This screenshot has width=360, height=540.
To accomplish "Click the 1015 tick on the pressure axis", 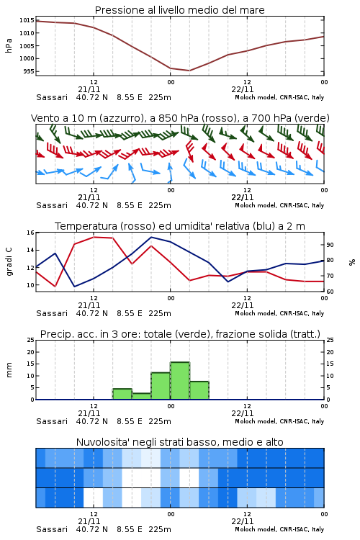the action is click(26, 20).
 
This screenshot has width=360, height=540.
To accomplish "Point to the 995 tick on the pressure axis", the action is click(29, 71).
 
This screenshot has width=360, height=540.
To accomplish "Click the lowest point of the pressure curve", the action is click(189, 71).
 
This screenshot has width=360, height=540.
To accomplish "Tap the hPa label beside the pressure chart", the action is click(9, 45).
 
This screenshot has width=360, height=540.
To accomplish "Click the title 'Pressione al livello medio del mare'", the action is click(180, 10).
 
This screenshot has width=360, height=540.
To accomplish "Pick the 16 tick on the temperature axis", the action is click(30, 233).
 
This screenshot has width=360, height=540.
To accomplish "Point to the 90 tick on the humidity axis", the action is click(330, 245).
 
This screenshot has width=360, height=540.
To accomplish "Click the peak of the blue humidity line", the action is click(151, 237).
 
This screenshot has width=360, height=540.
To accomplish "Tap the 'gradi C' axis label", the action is click(9, 261).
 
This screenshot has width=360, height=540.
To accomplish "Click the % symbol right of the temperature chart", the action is click(352, 262).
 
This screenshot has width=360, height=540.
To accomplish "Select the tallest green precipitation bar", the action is click(180, 381).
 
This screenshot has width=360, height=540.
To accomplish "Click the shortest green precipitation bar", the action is click(142, 397).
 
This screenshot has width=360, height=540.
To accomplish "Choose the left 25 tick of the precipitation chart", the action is click(30, 340).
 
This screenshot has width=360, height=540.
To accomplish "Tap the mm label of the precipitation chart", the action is click(9, 370).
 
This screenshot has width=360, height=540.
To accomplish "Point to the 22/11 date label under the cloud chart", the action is click(243, 521).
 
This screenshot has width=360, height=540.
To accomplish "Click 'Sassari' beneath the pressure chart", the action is click(52, 97).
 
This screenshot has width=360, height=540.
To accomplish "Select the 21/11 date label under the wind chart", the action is click(89, 197).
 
